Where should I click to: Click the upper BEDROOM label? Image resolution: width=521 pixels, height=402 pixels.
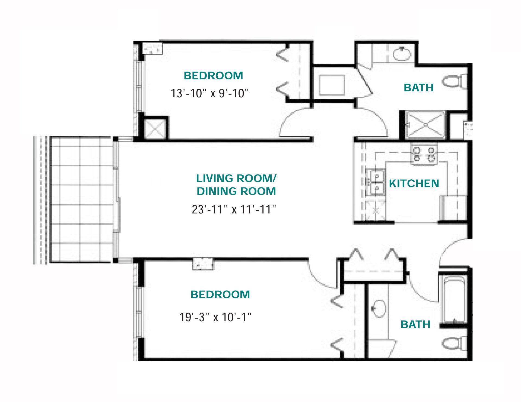pos(213,76)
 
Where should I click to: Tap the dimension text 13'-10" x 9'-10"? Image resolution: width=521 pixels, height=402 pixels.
pos(210,93)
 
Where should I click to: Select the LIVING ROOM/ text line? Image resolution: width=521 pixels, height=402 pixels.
pos(236,179)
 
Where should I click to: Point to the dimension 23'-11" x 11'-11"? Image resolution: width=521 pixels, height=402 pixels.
pos(234,209)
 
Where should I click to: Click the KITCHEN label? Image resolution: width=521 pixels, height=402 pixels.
pos(414,183)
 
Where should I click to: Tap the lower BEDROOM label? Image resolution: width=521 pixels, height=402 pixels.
pos(220,294)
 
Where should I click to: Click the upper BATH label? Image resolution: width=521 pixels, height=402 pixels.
pos(418,88)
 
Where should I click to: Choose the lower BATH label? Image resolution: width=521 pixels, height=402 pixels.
pos(415,325)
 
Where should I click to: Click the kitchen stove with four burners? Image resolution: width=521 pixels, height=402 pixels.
pos(424,154)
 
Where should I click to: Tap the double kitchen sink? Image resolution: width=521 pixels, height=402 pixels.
pos(376,182)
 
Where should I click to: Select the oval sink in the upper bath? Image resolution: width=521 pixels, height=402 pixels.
pos(402,54)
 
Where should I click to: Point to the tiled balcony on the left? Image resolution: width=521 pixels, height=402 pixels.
pos(81,199)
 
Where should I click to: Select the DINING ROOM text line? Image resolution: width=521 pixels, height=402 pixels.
pos(236,191)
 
